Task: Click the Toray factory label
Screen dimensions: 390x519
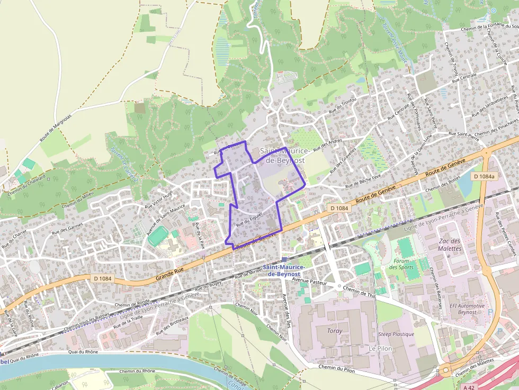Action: [x=335, y=331]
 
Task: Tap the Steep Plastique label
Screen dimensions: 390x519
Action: [x=396, y=334]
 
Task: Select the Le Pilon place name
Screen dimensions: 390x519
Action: [x=380, y=349]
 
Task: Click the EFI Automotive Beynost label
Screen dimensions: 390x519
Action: [x=467, y=309]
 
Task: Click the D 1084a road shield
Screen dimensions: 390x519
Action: [x=484, y=176]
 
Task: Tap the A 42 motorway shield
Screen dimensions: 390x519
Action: [x=468, y=387]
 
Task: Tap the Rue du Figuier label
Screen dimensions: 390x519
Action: [x=249, y=218]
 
